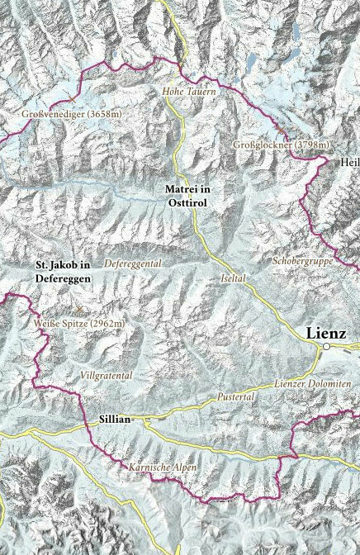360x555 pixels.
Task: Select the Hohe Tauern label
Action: pos(189,91)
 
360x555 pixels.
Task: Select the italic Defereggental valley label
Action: pos(133,263)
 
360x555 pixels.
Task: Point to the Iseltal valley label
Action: pos(234,279)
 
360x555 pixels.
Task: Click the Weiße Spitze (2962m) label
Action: pos(79,323)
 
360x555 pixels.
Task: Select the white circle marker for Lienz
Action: pos(327,348)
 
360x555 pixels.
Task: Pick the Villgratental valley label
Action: pos(107,375)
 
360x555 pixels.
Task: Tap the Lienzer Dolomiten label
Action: pos(312,386)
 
